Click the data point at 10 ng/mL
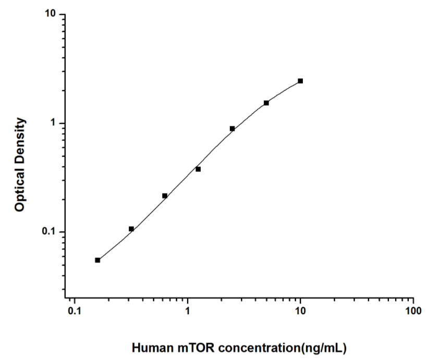[300, 81]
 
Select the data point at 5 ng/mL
[266, 103]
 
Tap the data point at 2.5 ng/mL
[232, 128]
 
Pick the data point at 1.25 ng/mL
[198, 169]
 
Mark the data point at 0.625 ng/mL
[165, 195]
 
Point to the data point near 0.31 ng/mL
[131, 229]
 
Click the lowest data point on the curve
[97, 260]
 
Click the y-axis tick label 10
[51, 14]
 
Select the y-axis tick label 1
[54, 123]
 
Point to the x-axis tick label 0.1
[74, 312]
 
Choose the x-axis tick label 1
[188, 312]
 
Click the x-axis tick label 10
[300, 312]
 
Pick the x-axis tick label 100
[413, 312]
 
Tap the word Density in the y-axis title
[20, 140]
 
